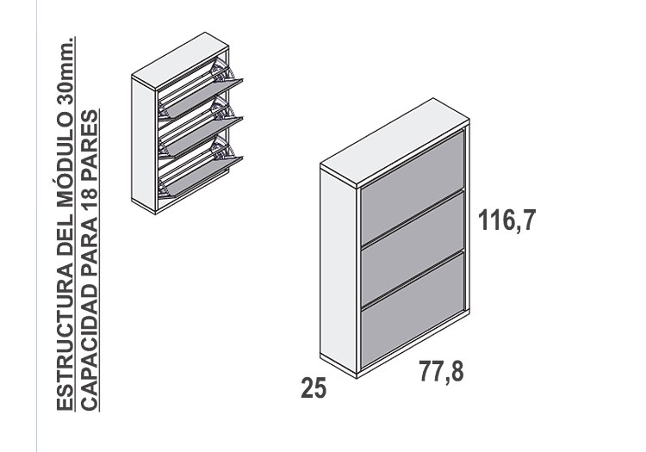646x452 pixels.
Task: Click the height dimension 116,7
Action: pos(507,220)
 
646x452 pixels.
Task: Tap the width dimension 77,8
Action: pos(441,371)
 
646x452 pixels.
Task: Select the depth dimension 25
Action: pos(314,387)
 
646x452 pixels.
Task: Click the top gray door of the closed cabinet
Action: pos(413,188)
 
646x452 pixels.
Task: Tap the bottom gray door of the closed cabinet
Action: pos(413,309)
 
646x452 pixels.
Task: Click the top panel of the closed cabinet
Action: pos(394,141)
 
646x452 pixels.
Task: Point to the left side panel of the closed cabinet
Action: pos(339,272)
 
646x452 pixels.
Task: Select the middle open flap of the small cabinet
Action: pos(203,136)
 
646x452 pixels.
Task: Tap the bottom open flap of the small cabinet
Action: pos(203,176)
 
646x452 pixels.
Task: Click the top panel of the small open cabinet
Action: pos(180,61)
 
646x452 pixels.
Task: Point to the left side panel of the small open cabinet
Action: pos(143,145)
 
